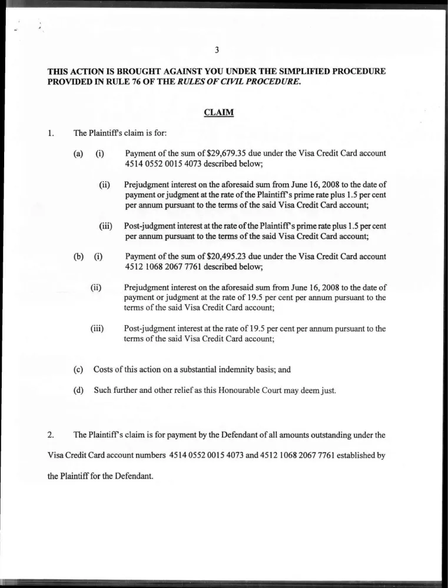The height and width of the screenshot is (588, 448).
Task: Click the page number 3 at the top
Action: (218, 51)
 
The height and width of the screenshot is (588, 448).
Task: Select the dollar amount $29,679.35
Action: (227, 153)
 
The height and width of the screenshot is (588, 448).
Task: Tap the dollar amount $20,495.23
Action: (227, 256)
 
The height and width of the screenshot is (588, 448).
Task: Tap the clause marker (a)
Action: (78, 153)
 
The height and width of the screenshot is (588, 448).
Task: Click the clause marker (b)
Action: (78, 256)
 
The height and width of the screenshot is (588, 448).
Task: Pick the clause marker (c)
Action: (78, 370)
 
